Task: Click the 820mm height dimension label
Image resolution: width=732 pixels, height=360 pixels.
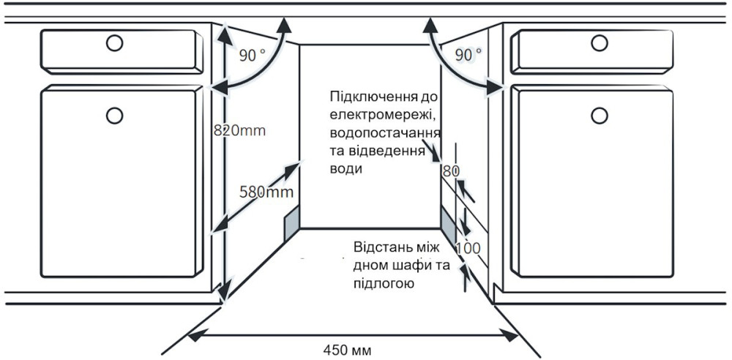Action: coord(239,130)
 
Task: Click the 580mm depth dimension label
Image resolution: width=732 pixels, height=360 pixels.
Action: coord(266,191)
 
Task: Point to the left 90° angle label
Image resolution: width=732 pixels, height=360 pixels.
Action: coord(252,56)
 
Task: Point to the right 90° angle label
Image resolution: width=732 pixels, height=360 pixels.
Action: coord(468,55)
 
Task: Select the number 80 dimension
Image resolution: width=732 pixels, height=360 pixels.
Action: coord(452,171)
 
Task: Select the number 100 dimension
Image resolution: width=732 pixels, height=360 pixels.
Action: coord(468,248)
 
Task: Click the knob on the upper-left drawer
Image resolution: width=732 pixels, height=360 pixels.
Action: coord(114,43)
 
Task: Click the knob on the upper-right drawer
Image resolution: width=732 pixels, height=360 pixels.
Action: coord(599,43)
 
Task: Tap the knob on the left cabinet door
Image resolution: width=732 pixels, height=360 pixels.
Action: coord(114,115)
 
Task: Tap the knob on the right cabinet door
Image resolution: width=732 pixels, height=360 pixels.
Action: coord(599,115)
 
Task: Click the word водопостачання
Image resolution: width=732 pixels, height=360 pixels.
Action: coord(385,133)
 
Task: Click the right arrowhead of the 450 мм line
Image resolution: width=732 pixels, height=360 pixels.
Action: coord(509,334)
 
